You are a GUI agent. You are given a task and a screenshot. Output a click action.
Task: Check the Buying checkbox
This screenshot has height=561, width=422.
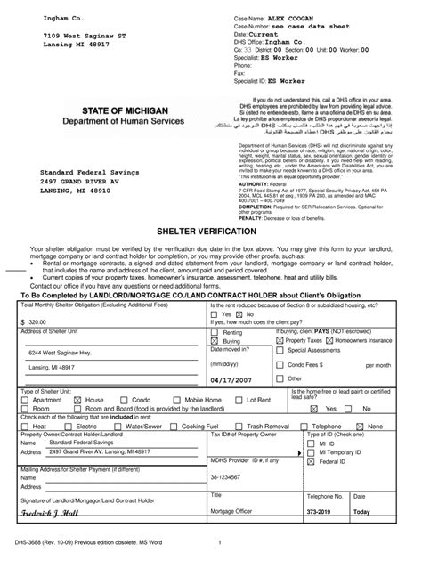pos(213,340)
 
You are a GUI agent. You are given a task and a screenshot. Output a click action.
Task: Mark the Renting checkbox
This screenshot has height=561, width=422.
pos(213,331)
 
